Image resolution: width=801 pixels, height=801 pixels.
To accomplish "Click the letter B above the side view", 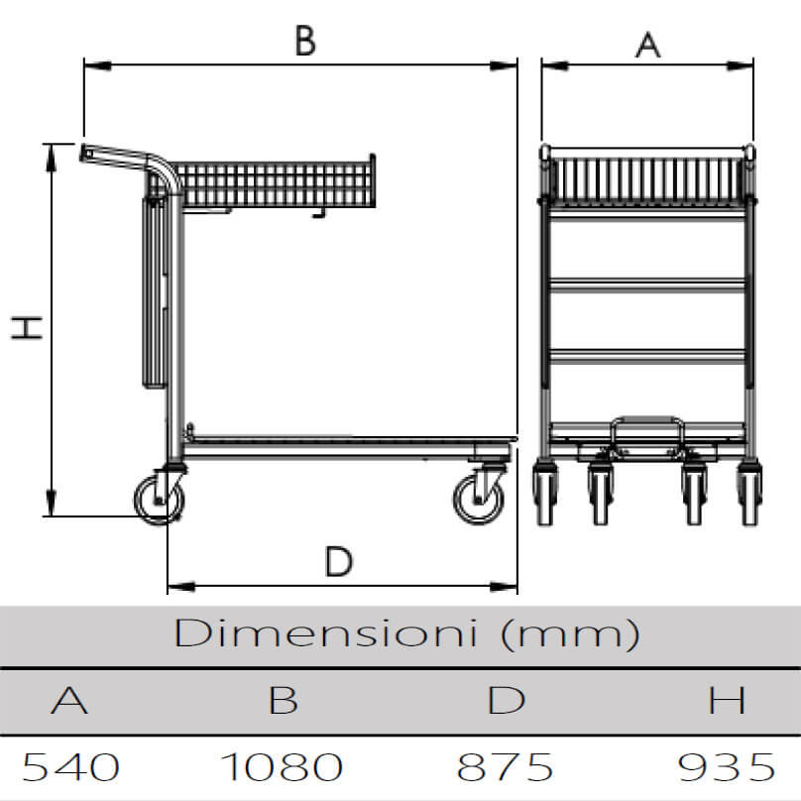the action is [x=305, y=41].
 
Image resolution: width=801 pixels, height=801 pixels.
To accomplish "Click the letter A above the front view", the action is [x=647, y=45].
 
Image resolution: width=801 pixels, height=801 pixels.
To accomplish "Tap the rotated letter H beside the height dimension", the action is [x=27, y=327].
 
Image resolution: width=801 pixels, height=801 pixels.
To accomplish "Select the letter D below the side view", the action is [x=339, y=561].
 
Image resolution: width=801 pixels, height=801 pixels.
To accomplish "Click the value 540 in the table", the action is [x=71, y=766].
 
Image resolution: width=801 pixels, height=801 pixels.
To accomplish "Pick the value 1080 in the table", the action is [x=282, y=766].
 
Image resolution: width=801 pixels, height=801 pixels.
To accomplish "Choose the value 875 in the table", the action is [x=505, y=766].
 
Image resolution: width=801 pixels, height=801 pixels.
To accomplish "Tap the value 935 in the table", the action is [x=726, y=766].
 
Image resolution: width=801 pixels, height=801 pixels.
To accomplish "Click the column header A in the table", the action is [x=69, y=700].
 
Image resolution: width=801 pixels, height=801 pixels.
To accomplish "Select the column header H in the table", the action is [x=727, y=700].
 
